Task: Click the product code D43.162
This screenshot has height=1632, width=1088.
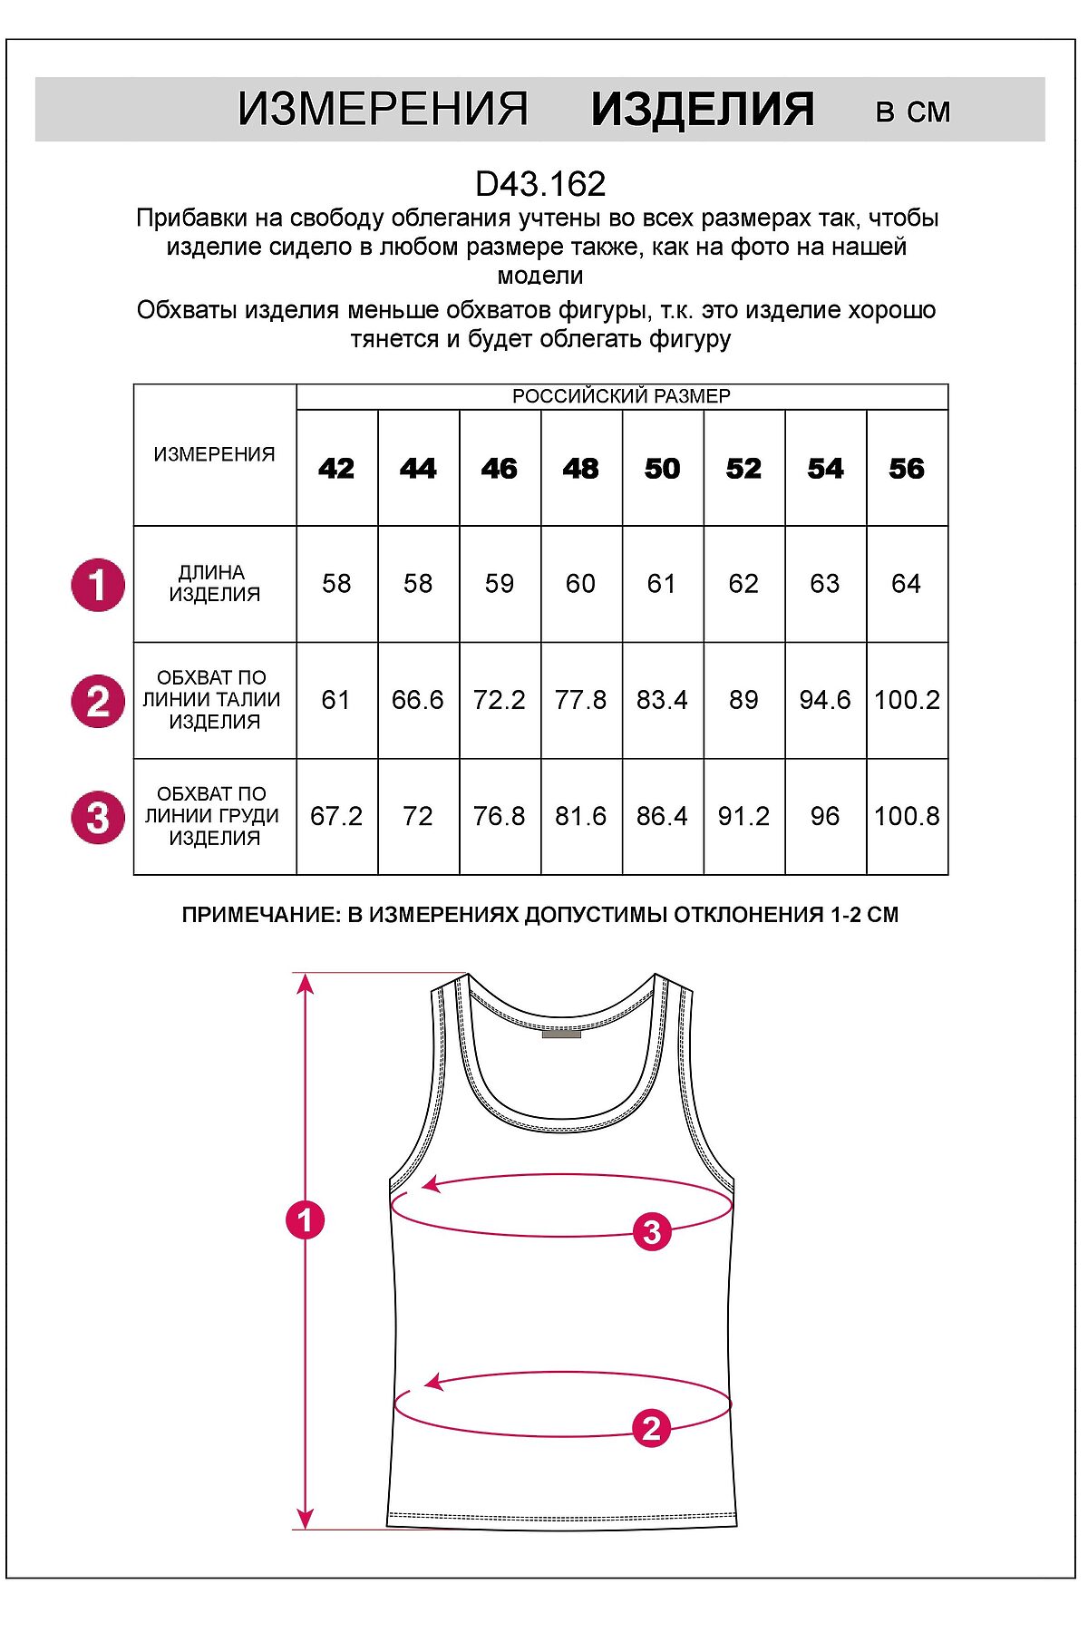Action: click(540, 184)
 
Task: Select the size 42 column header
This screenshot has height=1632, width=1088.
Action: click(336, 469)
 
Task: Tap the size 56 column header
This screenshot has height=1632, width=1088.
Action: click(907, 469)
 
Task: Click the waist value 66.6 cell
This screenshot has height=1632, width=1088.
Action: click(418, 700)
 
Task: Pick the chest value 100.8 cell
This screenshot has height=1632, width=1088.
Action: click(907, 816)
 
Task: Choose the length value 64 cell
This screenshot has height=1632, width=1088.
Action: click(907, 584)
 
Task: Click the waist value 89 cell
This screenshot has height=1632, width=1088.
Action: click(743, 700)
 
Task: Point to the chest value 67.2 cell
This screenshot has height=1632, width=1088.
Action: click(336, 816)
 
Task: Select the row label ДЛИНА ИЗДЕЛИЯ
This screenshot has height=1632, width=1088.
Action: click(215, 584)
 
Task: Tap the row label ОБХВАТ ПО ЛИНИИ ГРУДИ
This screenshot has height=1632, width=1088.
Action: click(213, 816)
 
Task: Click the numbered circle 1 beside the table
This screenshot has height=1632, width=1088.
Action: click(98, 585)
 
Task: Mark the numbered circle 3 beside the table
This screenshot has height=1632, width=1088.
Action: click(98, 817)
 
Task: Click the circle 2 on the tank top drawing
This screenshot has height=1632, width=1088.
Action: click(651, 1428)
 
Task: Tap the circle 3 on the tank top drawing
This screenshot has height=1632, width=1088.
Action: click(652, 1231)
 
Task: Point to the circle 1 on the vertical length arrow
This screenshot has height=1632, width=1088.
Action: click(305, 1219)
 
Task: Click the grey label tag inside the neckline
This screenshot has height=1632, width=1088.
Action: click(561, 1033)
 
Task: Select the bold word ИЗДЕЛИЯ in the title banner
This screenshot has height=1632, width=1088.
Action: click(703, 110)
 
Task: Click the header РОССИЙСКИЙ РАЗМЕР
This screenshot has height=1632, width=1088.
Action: click(621, 396)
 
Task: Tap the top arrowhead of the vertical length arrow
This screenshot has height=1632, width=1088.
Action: click(306, 982)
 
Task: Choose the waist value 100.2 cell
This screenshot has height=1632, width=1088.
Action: click(907, 700)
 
